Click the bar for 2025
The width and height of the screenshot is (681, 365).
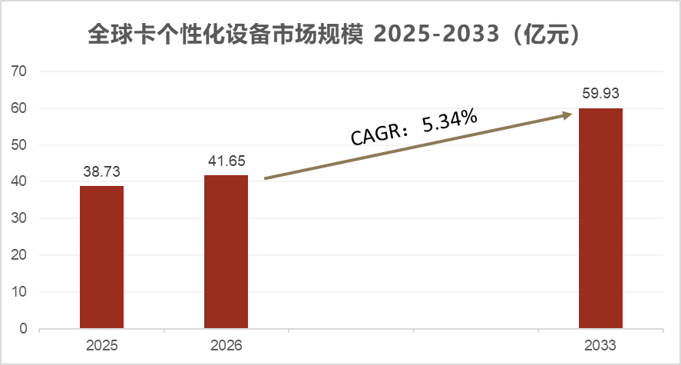pyautogui.click(x=101, y=257)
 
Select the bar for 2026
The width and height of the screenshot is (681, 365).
pyautogui.click(x=226, y=252)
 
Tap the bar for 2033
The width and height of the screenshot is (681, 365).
pyautogui.click(x=600, y=218)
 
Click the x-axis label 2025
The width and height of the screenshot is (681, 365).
pyautogui.click(x=101, y=346)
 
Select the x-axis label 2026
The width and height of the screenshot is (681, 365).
pyautogui.click(x=226, y=346)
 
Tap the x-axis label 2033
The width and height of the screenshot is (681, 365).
pyautogui.click(x=600, y=346)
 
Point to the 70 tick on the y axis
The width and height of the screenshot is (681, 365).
pyautogui.click(x=19, y=71)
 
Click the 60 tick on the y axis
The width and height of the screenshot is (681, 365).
pyautogui.click(x=19, y=108)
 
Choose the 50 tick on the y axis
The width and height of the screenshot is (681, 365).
pyautogui.click(x=19, y=145)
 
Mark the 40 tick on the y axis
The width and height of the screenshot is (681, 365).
pyautogui.click(x=19, y=182)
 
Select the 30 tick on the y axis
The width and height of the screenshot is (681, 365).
pyautogui.click(x=19, y=219)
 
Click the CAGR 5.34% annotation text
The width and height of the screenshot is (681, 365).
pyautogui.click(x=415, y=128)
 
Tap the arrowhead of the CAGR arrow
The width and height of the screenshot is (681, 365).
pyautogui.click(x=568, y=114)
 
